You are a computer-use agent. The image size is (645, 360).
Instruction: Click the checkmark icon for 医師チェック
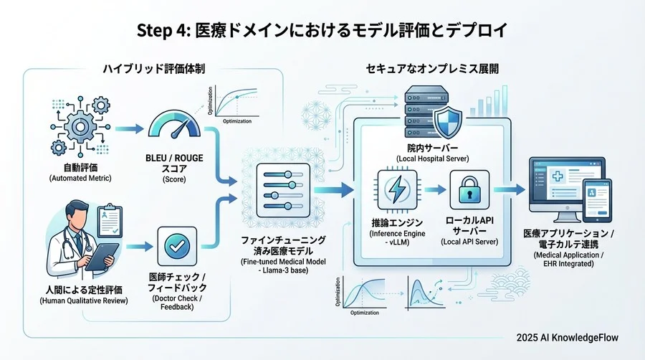(x=176, y=246)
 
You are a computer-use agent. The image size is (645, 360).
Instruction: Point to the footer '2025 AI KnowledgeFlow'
(x=568, y=337)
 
